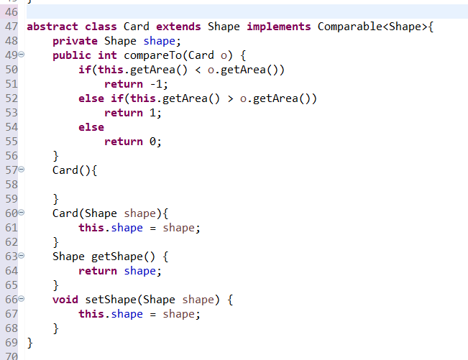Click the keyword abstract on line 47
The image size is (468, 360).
tap(52, 27)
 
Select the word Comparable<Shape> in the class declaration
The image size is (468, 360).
tap(367, 27)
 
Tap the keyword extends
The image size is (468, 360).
tap(178, 27)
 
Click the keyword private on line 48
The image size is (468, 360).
tap(75, 41)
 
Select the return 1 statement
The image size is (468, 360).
tap(133, 113)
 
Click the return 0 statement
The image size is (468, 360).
tap(133, 142)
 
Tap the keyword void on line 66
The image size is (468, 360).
tap(65, 300)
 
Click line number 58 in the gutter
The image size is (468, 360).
tap(11, 185)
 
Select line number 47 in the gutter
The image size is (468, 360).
tap(11, 27)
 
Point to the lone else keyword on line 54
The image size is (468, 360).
tap(91, 127)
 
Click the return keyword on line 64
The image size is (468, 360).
tap(98, 271)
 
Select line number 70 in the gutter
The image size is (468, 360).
tap(11, 354)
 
